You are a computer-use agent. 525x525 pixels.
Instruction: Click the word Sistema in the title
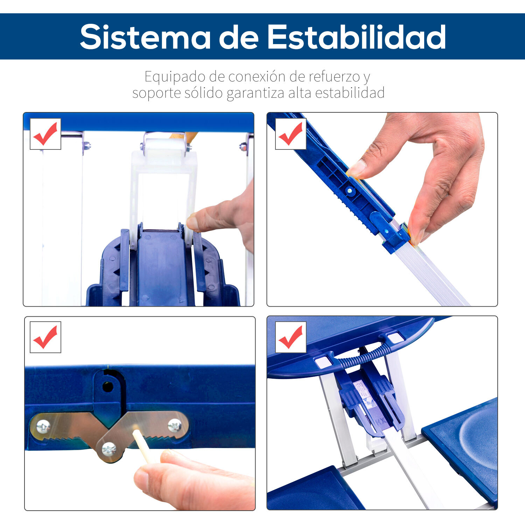(145, 37)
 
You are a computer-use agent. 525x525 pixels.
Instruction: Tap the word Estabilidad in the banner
(356, 37)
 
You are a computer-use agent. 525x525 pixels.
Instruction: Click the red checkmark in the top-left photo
(45, 134)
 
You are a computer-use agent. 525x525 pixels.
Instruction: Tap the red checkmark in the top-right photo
(291, 134)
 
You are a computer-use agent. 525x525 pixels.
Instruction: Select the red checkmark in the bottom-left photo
(45, 337)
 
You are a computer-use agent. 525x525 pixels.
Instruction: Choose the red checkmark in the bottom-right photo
(291, 337)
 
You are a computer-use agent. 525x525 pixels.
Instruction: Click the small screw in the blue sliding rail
(349, 191)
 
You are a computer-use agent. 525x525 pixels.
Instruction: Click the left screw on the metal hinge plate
(43, 426)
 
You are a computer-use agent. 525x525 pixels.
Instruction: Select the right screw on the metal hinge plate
(174, 426)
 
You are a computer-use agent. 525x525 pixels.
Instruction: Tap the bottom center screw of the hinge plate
(108, 449)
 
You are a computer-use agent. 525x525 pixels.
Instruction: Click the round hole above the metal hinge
(107, 387)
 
